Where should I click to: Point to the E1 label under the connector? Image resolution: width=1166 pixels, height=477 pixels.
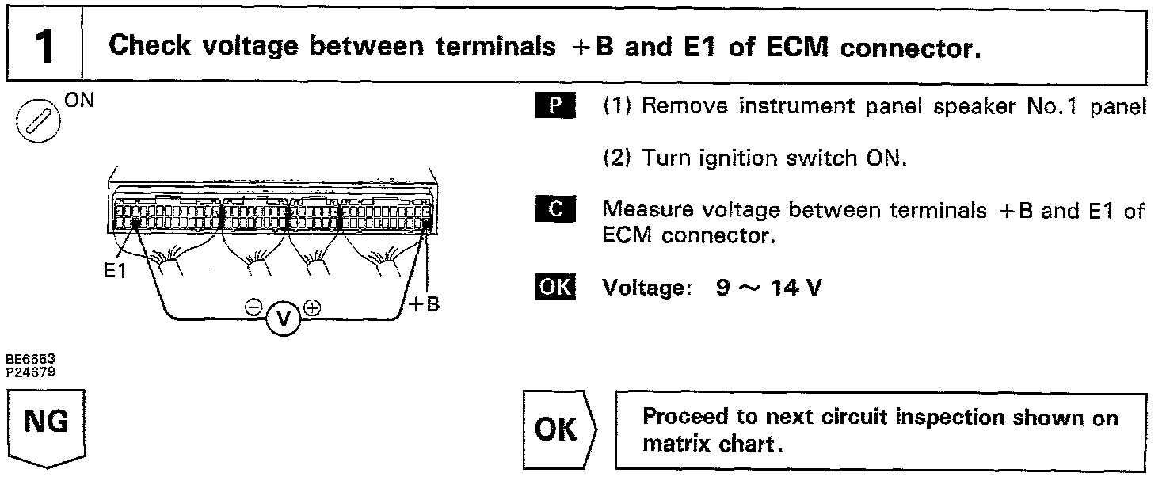point(115,271)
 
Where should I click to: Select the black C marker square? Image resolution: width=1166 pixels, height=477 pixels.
point(557,209)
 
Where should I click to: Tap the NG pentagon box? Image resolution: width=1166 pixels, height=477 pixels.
point(46,425)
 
